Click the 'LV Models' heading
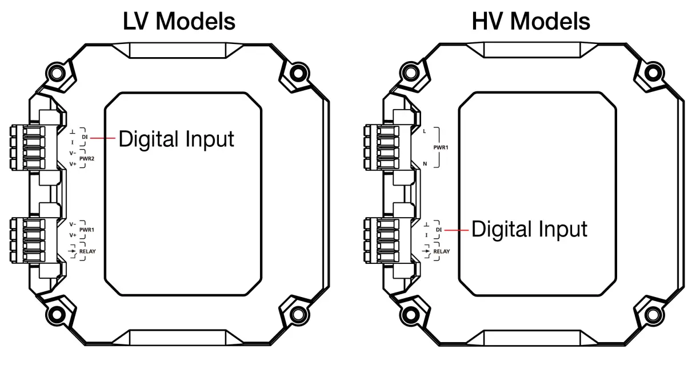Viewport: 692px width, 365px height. tap(179, 21)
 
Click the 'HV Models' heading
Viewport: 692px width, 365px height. tap(531, 21)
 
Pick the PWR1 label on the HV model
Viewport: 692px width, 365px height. tap(440, 147)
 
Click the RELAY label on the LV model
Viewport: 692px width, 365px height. tap(87, 251)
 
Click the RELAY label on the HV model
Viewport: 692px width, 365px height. tap(441, 251)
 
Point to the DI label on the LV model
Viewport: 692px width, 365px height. tap(85, 137)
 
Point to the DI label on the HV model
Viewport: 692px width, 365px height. tap(439, 230)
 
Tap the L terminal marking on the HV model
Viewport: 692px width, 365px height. tap(424, 131)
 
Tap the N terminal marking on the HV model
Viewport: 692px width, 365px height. tap(424, 163)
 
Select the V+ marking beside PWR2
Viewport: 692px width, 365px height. tap(73, 164)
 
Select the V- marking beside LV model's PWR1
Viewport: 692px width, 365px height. tap(73, 224)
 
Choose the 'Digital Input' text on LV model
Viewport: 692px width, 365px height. tap(176, 139)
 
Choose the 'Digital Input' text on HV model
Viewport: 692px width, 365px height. tap(529, 230)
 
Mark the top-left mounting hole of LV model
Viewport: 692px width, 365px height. tap(56, 73)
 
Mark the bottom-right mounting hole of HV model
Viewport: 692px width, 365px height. tap(652, 314)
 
